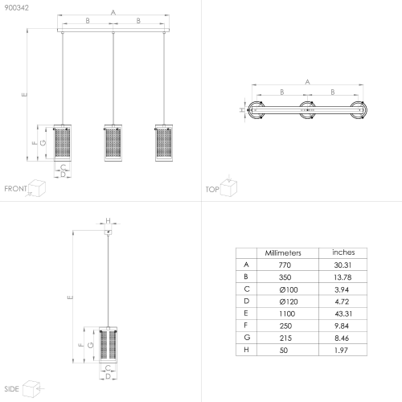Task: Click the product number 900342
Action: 17,8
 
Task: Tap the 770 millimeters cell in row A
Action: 285,265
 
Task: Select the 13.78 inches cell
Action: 343,277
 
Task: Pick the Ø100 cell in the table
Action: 289,289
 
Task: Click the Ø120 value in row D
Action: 289,301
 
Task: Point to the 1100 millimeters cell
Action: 287,314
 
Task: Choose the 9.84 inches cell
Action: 342,326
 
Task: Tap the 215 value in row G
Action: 285,338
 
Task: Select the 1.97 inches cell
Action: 341,350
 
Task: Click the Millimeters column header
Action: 283,253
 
